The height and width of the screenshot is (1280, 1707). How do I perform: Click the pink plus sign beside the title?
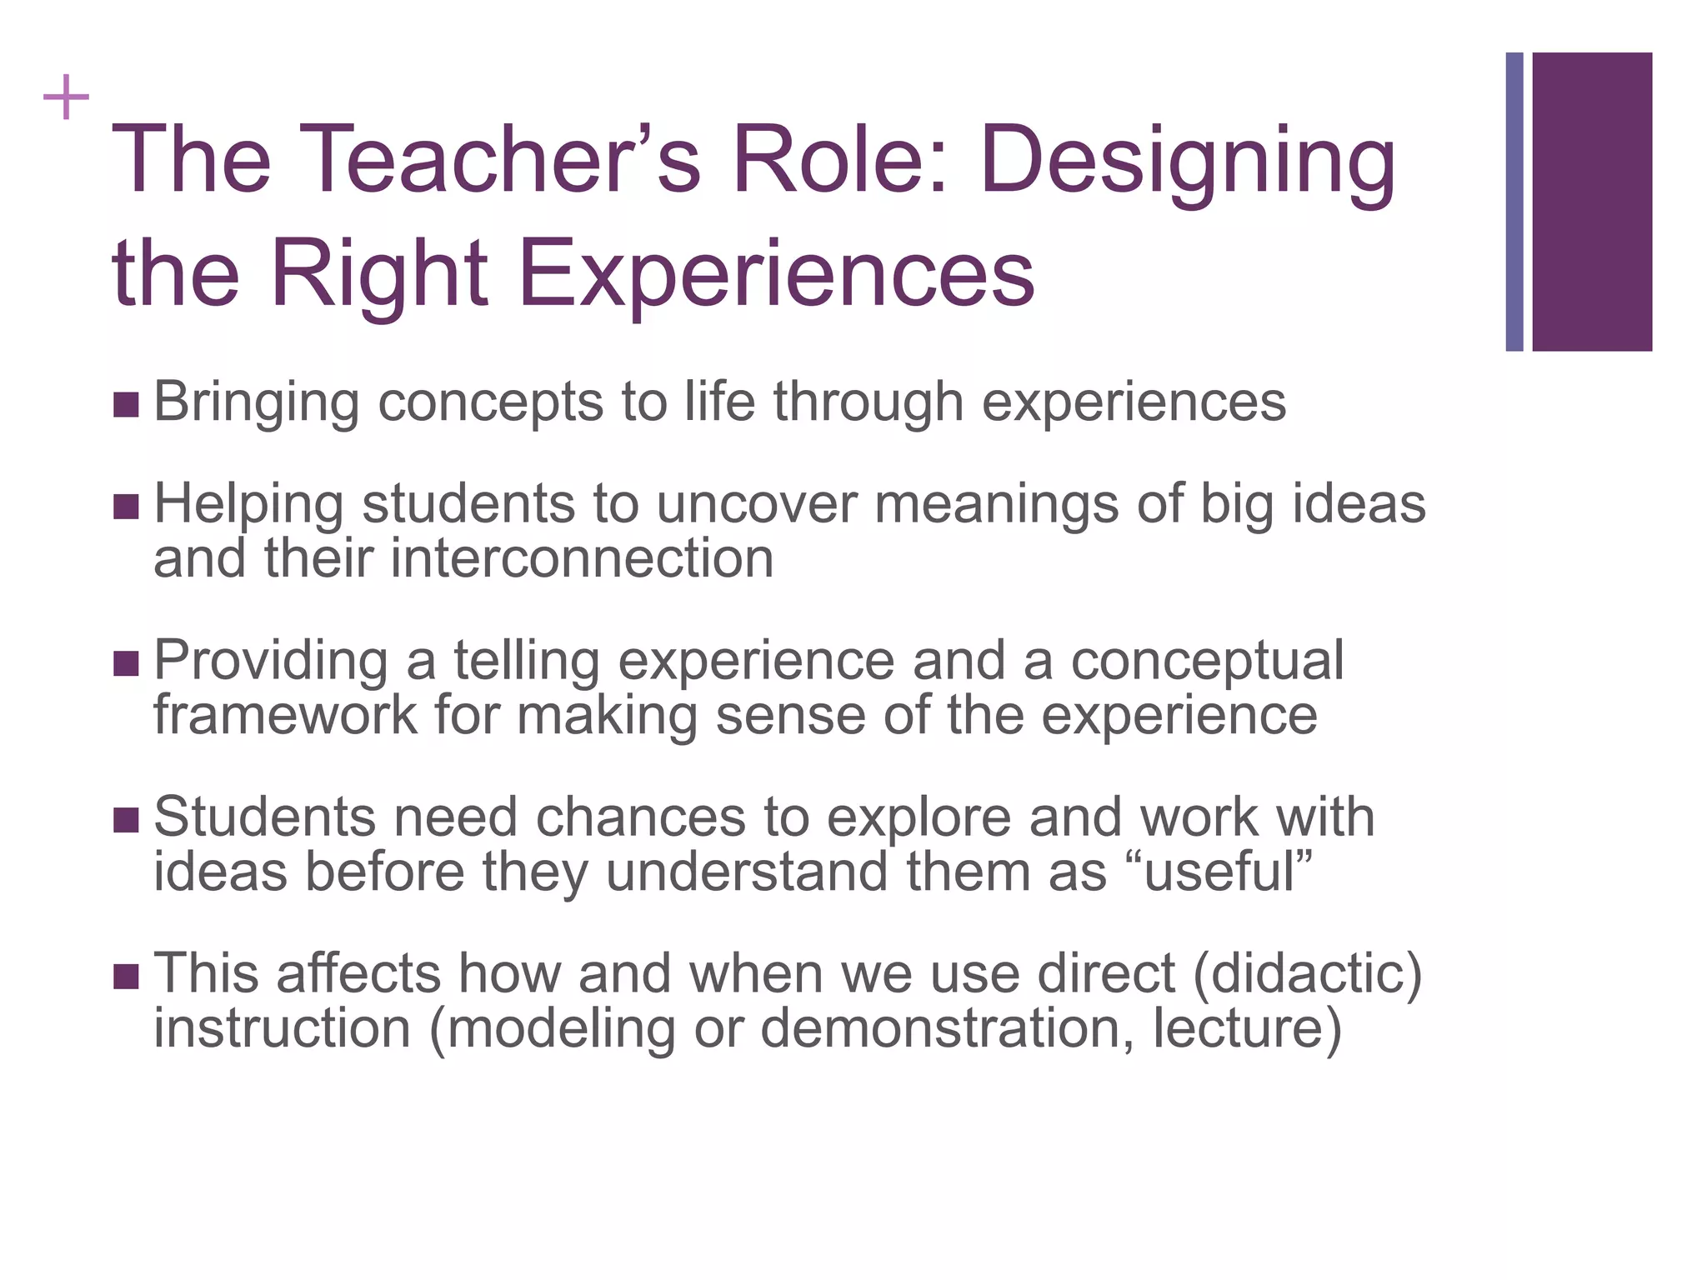click(66, 98)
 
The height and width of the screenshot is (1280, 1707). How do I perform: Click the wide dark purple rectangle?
click(1592, 202)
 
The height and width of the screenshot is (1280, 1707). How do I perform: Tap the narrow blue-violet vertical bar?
click(1514, 202)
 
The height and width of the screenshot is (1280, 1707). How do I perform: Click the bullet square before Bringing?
click(126, 406)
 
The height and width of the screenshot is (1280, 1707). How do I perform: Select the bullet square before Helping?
click(126, 507)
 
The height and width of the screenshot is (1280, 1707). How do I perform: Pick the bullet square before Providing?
click(126, 664)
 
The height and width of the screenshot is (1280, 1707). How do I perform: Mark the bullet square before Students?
click(126, 821)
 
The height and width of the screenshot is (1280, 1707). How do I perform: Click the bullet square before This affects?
click(126, 977)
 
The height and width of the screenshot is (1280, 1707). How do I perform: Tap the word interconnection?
click(582, 558)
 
